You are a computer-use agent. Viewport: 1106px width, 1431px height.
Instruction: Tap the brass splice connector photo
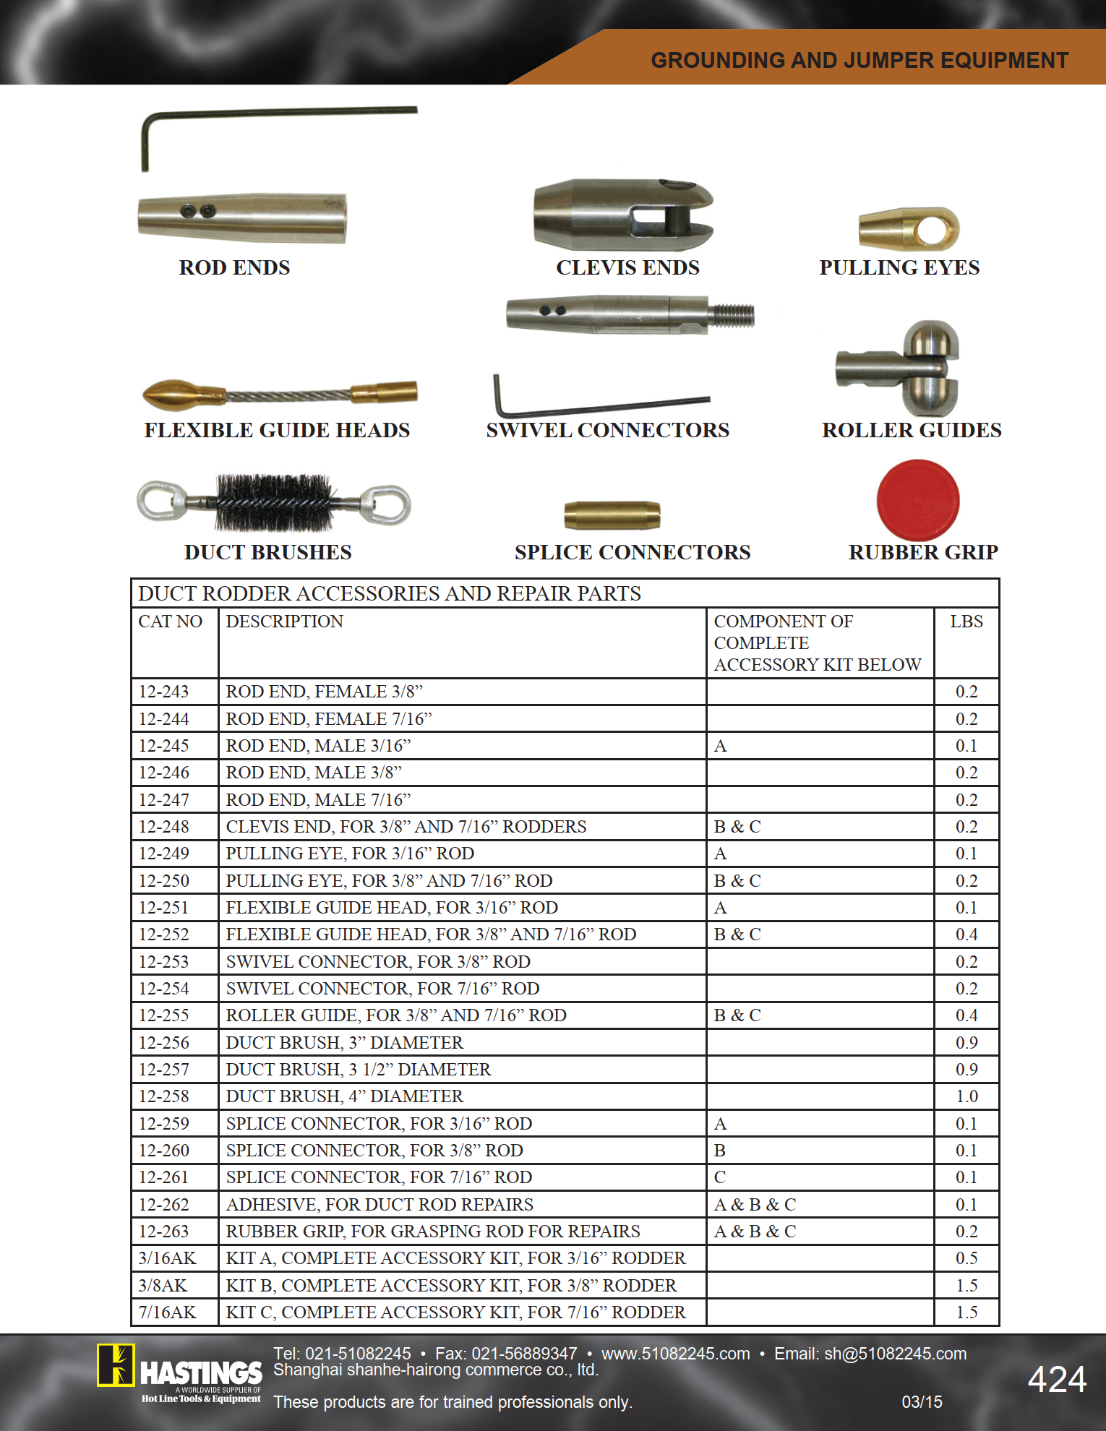(x=612, y=515)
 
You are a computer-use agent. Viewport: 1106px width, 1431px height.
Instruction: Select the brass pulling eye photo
(x=909, y=229)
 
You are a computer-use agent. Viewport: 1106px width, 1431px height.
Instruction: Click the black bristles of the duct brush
(x=274, y=502)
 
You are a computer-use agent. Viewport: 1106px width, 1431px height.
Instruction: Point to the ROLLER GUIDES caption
(x=912, y=430)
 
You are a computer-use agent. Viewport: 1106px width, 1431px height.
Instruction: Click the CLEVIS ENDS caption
(x=627, y=267)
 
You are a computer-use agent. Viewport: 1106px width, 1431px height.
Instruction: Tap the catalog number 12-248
(x=164, y=827)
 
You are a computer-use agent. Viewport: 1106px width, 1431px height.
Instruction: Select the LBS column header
(x=966, y=622)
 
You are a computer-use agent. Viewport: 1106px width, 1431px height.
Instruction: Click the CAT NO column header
(x=171, y=622)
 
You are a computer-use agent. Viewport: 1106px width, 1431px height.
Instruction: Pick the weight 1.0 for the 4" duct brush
(x=966, y=1096)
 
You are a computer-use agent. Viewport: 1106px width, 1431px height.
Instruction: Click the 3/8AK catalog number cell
(x=163, y=1286)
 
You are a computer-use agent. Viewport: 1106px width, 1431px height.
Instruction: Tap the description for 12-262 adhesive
(x=380, y=1205)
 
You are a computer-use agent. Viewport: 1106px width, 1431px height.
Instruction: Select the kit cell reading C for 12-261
(x=720, y=1177)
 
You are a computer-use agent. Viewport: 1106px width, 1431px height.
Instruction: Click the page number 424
(x=1057, y=1379)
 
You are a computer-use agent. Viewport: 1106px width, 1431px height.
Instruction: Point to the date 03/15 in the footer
(x=922, y=1402)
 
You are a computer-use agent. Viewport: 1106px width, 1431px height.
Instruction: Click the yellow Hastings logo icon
(x=116, y=1365)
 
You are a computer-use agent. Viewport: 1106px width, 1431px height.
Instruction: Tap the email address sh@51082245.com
(x=895, y=1354)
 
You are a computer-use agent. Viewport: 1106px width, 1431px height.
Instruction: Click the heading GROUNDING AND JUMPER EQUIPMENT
(x=859, y=60)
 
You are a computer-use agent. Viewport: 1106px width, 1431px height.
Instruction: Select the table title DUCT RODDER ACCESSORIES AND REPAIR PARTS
(x=390, y=593)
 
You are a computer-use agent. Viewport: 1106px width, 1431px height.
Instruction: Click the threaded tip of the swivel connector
(x=733, y=314)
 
